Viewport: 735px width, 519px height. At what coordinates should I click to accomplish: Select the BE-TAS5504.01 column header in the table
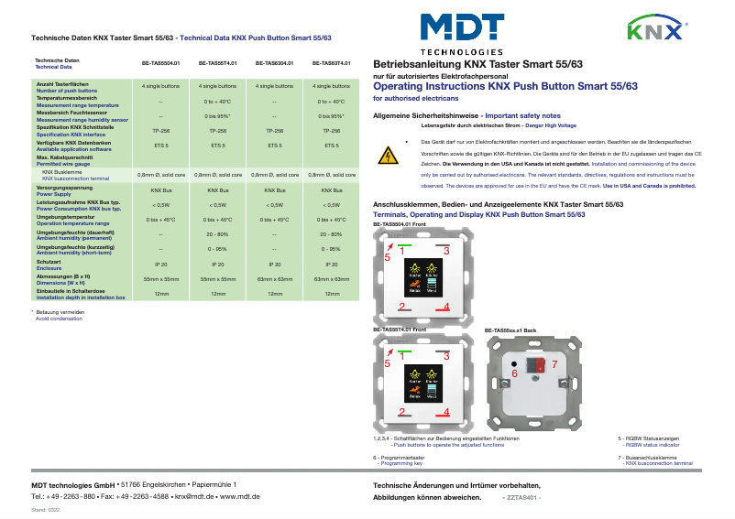point(160,63)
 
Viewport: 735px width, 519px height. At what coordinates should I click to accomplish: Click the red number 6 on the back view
point(514,373)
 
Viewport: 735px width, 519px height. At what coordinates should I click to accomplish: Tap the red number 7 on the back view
point(553,364)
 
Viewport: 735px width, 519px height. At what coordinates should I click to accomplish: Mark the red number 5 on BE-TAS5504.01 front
point(387,258)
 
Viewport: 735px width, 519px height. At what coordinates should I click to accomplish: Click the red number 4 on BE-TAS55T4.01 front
point(446,413)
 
